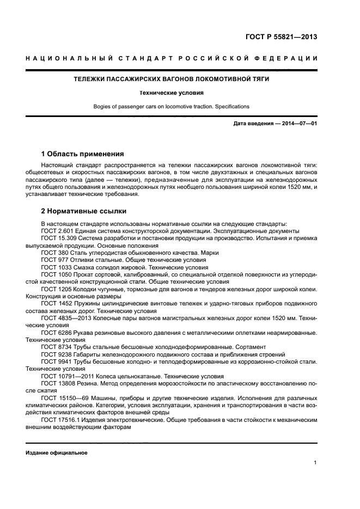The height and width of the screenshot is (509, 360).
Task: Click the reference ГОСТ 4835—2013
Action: click(x=66, y=317)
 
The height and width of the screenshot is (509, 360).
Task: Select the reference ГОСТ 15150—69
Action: click(x=66, y=397)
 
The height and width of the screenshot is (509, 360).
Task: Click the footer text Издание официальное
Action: click(x=57, y=453)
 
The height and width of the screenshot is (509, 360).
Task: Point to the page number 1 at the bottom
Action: click(x=315, y=463)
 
